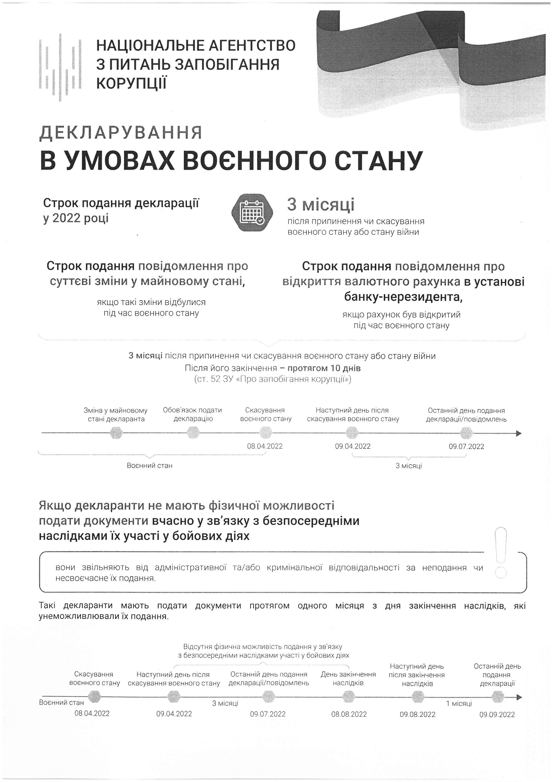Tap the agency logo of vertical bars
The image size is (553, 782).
click(x=60, y=67)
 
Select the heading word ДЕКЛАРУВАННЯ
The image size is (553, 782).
click(x=121, y=133)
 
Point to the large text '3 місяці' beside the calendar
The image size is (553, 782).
click(x=320, y=205)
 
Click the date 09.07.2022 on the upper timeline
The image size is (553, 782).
click(x=466, y=446)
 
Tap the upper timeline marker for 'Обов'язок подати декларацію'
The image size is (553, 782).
click(x=193, y=433)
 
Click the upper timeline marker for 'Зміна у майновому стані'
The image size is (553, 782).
click(x=116, y=433)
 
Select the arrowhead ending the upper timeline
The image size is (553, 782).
click(x=519, y=433)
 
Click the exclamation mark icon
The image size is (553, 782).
click(x=501, y=553)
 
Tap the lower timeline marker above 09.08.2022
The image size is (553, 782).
click(x=417, y=697)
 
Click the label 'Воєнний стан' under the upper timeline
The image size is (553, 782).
click(x=149, y=466)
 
